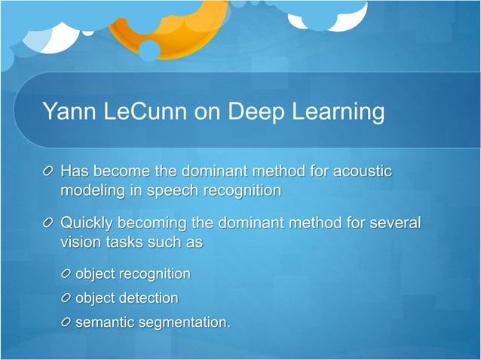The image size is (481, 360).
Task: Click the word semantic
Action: (103, 322)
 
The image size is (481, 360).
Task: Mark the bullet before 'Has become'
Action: (49, 172)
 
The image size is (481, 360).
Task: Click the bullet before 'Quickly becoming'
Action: (49, 224)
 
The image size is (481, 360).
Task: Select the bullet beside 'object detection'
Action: (66, 298)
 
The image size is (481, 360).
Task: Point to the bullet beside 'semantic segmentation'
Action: (66, 322)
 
